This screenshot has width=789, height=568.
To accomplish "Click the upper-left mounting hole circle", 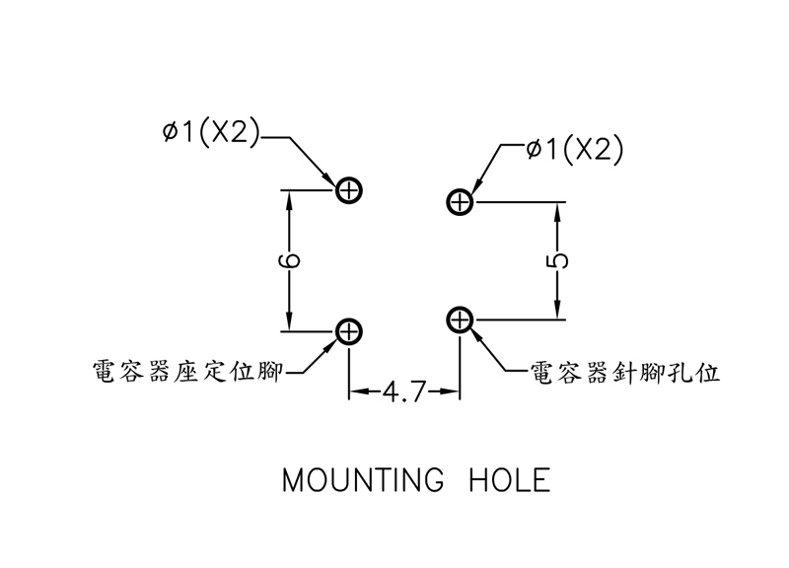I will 350,190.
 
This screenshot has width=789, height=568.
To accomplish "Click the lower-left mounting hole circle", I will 350,332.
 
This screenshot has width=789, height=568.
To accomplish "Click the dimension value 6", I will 290,261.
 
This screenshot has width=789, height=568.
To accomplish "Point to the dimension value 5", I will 559,260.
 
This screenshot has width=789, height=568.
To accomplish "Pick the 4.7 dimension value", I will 404,392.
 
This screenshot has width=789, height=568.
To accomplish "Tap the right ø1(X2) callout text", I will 576,150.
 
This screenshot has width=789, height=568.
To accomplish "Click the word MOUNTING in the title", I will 363,481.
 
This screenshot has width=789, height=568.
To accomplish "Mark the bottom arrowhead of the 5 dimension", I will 559,312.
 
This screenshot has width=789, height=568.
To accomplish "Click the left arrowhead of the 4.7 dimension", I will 357,392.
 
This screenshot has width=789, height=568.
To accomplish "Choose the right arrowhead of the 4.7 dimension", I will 453,392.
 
